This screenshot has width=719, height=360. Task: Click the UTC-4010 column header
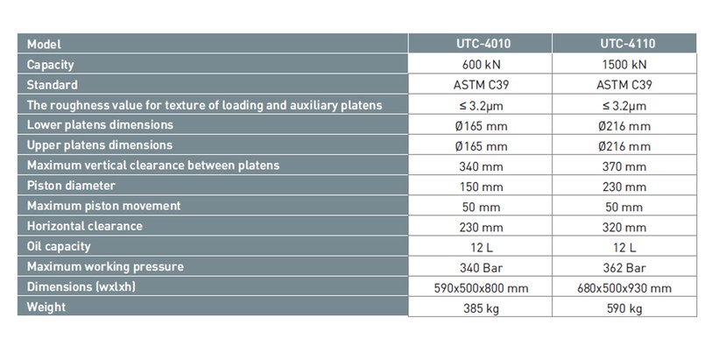483,44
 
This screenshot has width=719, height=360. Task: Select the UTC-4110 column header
628,44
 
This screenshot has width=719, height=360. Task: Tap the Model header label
44,44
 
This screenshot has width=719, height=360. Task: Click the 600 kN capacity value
481,64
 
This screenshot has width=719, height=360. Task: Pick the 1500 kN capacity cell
624,64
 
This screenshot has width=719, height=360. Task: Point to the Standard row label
53,85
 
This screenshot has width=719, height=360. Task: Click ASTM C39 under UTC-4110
624,85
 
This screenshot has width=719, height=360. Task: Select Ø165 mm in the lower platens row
481,126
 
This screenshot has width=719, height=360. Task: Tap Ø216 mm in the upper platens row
624,146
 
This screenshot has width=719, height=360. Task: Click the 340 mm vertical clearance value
481,166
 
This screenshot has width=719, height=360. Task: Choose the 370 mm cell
624,166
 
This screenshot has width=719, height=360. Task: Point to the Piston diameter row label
71,186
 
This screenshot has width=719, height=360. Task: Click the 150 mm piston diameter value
481,187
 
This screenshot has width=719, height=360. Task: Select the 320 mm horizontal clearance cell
624,227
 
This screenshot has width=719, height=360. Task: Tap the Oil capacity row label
59,247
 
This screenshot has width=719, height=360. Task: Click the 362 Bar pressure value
624,267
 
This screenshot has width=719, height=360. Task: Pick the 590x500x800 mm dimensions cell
481,288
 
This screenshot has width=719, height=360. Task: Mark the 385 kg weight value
481,308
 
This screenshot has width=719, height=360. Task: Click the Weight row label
46,307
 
